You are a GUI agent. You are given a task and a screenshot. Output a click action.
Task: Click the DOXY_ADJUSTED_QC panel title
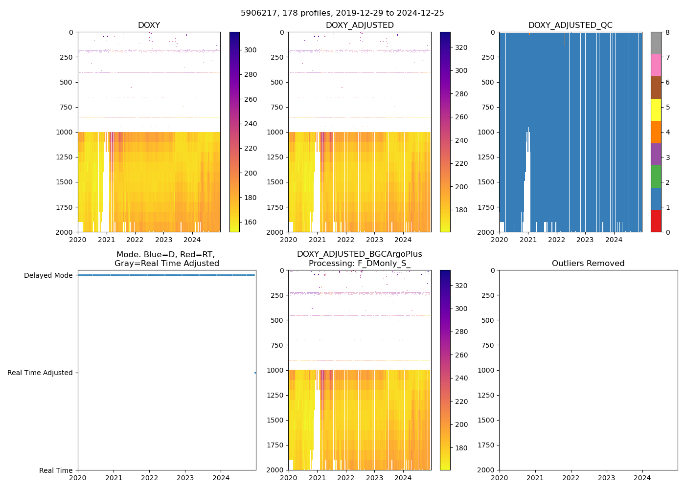coord(570,25)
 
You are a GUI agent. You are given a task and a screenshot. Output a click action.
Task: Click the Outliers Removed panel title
coord(588,264)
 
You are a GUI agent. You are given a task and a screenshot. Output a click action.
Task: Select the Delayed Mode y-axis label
coord(48,275)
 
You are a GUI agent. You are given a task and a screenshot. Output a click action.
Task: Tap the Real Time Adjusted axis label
coord(40,373)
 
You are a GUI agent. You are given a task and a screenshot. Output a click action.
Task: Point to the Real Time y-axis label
coord(56,470)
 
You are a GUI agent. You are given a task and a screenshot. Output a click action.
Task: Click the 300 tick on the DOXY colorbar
coord(251,50)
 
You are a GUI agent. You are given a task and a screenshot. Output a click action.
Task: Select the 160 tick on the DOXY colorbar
coord(251,222)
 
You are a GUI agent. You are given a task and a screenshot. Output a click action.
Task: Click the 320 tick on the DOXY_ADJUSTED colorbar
coord(461,47)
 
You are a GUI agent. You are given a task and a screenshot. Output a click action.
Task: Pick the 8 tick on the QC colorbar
coord(667,32)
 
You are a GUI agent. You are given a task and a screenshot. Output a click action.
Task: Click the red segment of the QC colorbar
coord(656,221)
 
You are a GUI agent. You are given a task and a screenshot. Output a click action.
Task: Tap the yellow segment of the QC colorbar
coord(656,110)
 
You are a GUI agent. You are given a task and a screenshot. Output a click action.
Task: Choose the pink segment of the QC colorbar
coord(656,66)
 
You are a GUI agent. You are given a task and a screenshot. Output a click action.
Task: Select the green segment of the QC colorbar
coord(656,177)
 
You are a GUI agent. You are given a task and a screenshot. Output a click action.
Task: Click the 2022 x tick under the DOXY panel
coord(135,240)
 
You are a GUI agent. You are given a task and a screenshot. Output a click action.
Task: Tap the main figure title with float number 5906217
coord(342,13)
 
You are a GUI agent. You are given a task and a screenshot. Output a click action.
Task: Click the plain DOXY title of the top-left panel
coord(149,25)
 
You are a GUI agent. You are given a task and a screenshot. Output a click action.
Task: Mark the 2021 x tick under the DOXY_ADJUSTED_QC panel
coord(528,240)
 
